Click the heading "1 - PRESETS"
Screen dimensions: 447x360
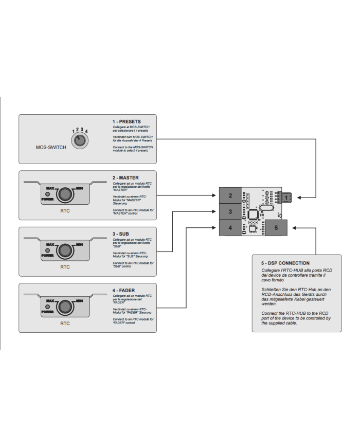pyautogui.click(x=127, y=122)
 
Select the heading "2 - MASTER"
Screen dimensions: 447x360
pyautogui.click(x=126, y=177)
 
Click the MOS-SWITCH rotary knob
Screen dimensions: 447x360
pyautogui.click(x=79, y=141)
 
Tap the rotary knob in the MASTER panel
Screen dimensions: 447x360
pyautogui.click(x=64, y=193)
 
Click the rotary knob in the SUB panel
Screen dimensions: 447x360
pyautogui.click(x=64, y=250)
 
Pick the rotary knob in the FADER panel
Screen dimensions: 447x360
pyautogui.click(x=64, y=307)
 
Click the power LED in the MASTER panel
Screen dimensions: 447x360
pyautogui.click(x=48, y=193)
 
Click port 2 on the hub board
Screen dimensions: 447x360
pyautogui.click(x=230, y=195)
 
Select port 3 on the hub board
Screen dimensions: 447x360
pyautogui.click(x=230, y=211)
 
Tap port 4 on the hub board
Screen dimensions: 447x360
pyautogui.click(x=230, y=227)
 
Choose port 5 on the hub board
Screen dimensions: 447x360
pyautogui.click(x=276, y=227)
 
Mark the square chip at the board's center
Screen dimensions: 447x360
pyautogui.click(x=254, y=214)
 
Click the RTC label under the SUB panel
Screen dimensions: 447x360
pyautogui.click(x=65, y=267)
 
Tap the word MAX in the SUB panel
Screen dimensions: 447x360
pyautogui.click(x=50, y=244)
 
